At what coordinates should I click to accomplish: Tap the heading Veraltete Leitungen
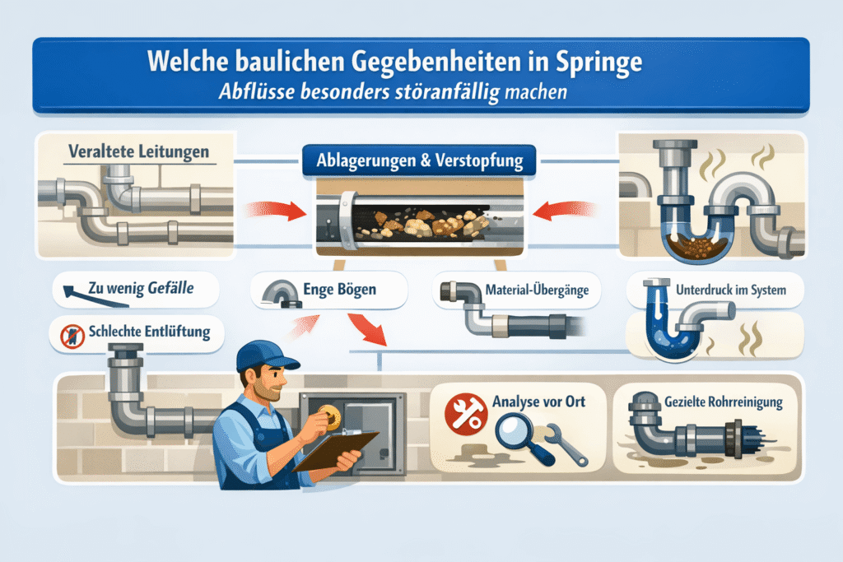click(138, 151)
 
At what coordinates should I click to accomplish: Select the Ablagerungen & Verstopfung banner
click(419, 160)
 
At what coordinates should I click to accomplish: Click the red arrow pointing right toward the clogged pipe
click(277, 210)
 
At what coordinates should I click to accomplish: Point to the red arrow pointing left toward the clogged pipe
click(564, 210)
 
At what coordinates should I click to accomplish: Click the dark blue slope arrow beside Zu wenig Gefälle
click(95, 296)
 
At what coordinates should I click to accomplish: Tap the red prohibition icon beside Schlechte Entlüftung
click(72, 337)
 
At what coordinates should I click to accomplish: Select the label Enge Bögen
click(339, 290)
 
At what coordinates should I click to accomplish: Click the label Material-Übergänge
click(537, 290)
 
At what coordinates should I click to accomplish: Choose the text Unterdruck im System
click(731, 290)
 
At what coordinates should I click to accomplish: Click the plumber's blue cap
click(267, 355)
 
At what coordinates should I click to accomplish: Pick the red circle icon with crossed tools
click(466, 414)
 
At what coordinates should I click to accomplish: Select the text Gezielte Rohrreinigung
click(723, 402)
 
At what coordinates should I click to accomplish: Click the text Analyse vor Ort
click(538, 402)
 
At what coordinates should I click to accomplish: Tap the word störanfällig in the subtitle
click(448, 92)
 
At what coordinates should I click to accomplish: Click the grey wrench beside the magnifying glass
click(566, 445)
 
